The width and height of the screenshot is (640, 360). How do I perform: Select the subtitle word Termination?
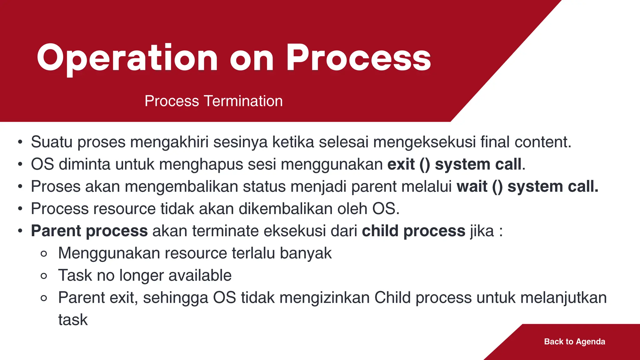(x=243, y=101)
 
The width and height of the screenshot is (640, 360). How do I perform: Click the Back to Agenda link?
(x=574, y=342)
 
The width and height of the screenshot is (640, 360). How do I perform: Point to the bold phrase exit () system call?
(x=454, y=164)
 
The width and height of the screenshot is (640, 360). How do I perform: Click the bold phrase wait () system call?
(x=527, y=187)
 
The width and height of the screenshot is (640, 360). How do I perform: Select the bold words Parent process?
(x=89, y=231)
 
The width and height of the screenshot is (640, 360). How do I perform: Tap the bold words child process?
(x=414, y=231)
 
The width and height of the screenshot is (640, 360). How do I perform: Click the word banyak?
(x=306, y=253)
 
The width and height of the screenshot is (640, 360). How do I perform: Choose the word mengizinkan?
(x=325, y=297)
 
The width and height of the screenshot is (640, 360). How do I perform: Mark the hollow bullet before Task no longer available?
(x=44, y=276)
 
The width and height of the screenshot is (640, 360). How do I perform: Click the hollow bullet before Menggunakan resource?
(x=44, y=254)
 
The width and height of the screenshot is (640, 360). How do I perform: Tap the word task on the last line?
(x=73, y=320)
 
